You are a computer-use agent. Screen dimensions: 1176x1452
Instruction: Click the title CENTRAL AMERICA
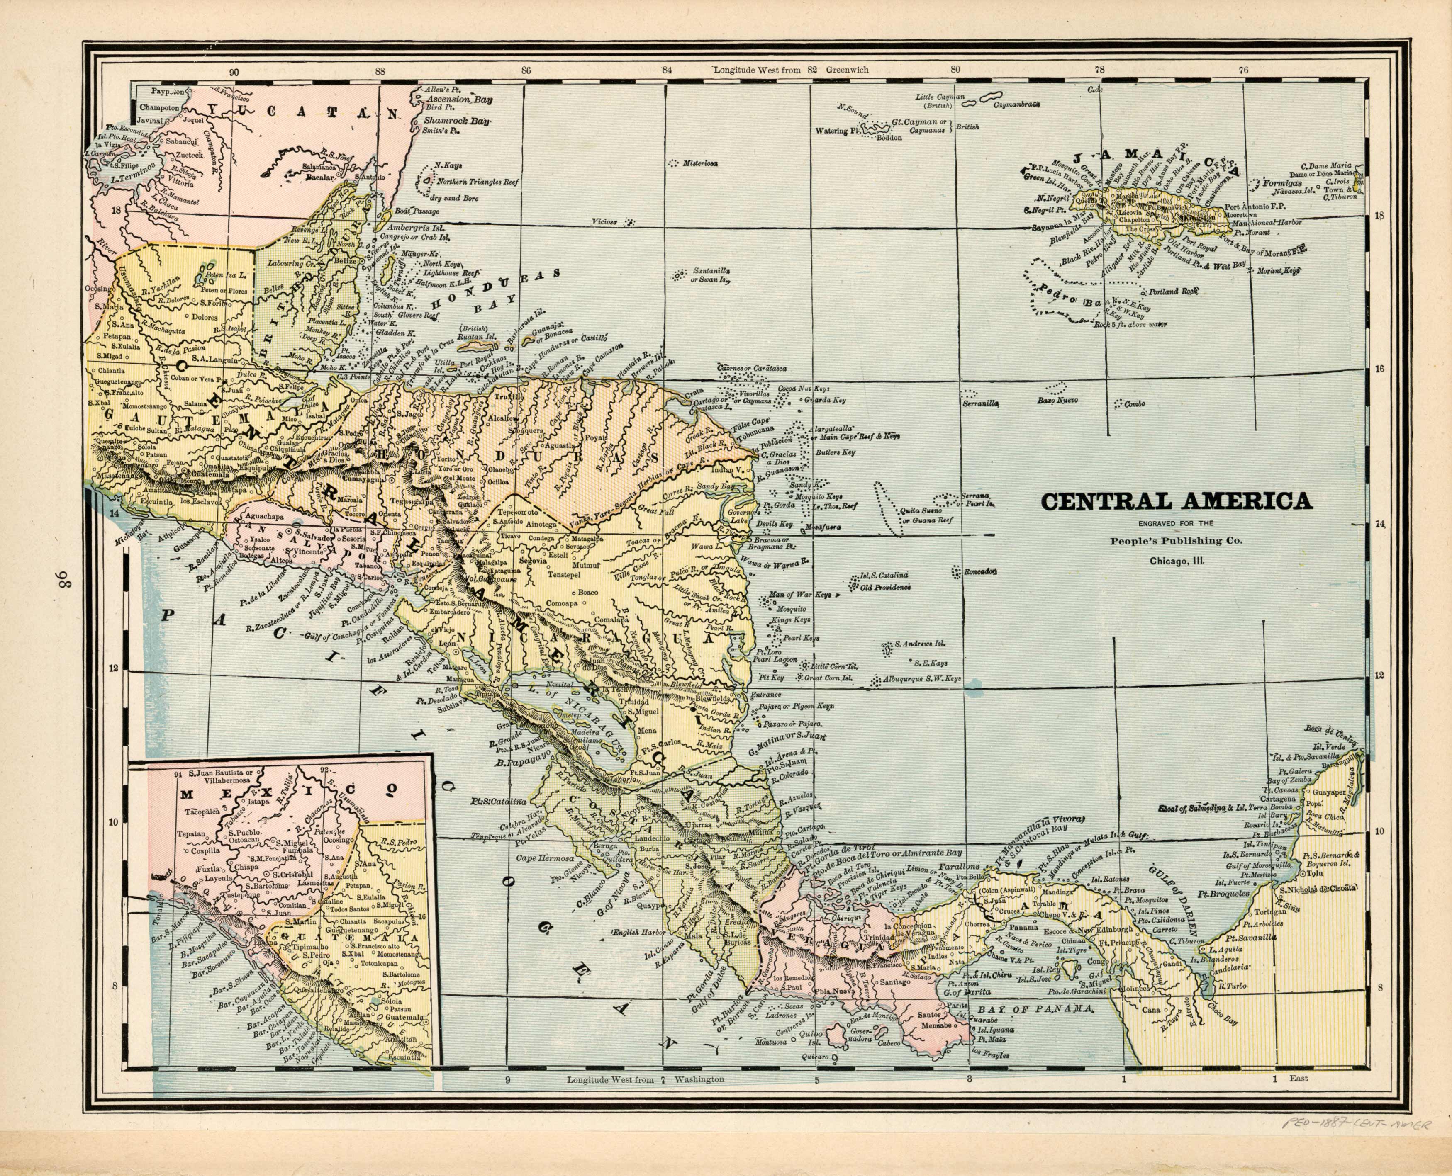click(1176, 502)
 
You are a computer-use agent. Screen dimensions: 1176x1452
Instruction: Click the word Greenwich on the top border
click(847, 70)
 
